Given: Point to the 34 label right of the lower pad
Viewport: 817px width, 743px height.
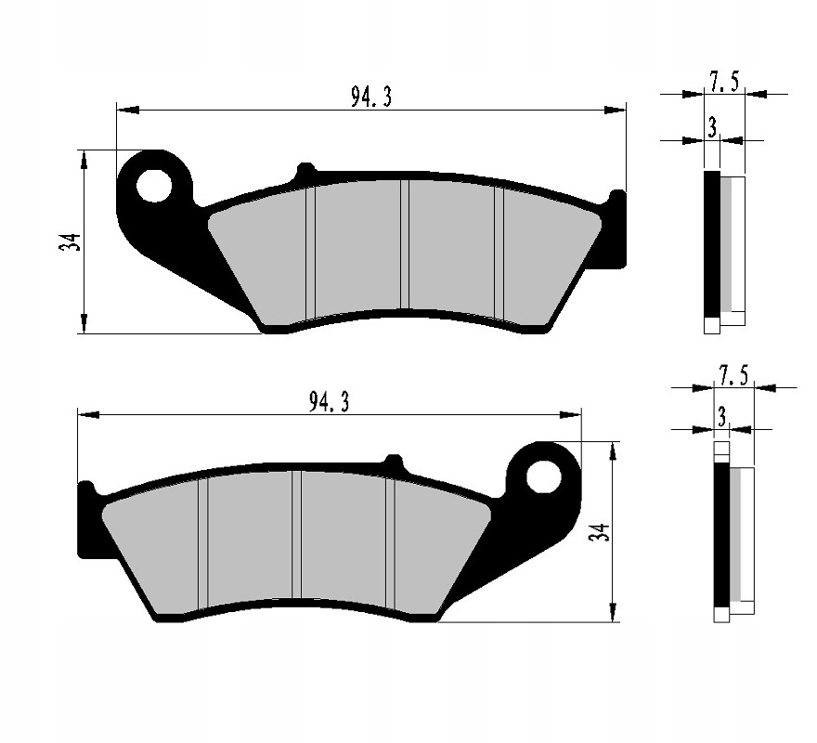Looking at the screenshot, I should pyautogui.click(x=601, y=533).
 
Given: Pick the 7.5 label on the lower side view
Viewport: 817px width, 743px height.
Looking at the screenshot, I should pyautogui.click(x=733, y=375).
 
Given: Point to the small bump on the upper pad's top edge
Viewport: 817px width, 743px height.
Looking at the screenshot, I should pyautogui.click(x=304, y=171).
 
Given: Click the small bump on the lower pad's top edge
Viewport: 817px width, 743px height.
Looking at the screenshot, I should pyautogui.click(x=395, y=461).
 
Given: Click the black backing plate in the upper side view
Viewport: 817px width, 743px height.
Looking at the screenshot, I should pyautogui.click(x=712, y=244).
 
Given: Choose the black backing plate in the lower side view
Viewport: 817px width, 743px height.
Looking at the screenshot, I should pyautogui.click(x=720, y=533).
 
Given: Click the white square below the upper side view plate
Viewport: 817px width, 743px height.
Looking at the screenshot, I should pyautogui.click(x=712, y=325).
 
